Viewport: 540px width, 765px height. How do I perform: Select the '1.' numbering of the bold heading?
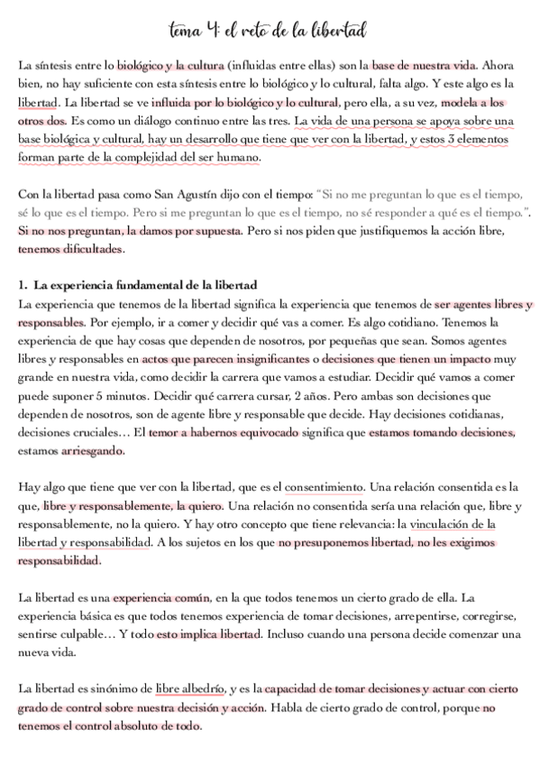pos(24,284)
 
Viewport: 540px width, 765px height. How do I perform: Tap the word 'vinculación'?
pos(435,523)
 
